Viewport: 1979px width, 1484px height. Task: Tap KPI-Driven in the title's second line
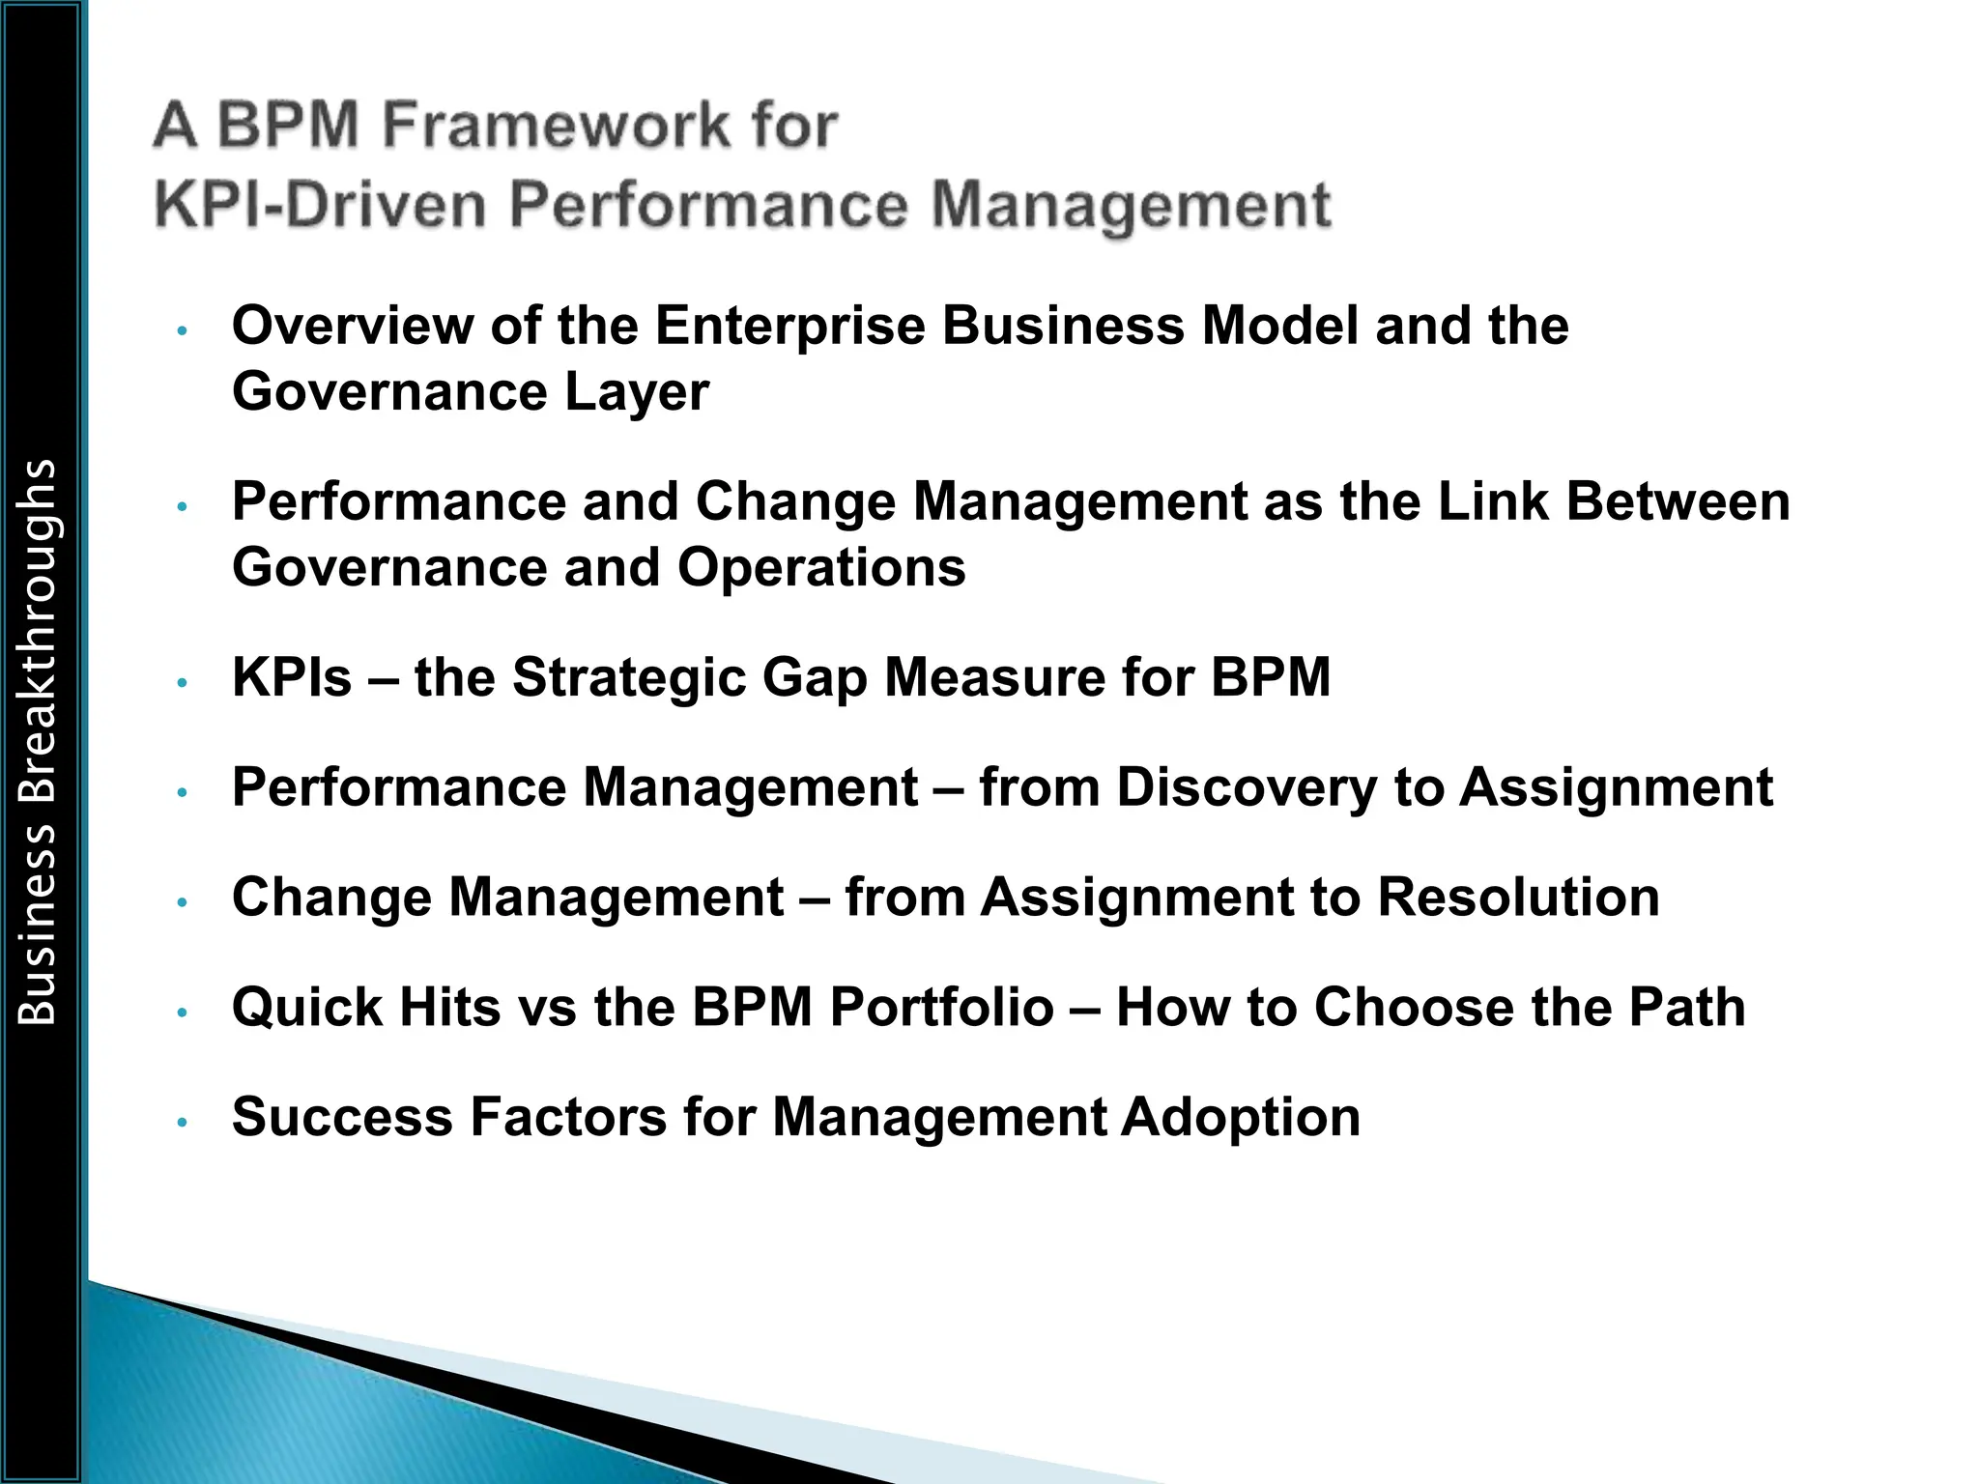tap(319, 205)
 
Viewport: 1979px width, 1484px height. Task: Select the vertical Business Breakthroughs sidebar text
tap(38, 741)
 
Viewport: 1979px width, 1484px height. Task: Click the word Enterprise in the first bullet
tap(790, 326)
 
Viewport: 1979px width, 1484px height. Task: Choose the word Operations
tap(821, 567)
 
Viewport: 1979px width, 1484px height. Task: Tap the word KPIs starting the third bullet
tap(292, 677)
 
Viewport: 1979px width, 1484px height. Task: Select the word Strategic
tap(629, 677)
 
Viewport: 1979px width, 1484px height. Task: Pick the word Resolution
tap(1518, 898)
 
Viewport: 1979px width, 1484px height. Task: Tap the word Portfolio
tap(941, 1008)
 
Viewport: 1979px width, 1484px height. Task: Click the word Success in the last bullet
tap(342, 1118)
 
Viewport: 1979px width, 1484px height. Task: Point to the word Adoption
tap(1241, 1118)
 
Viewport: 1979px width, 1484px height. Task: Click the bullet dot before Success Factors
tap(182, 1123)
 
